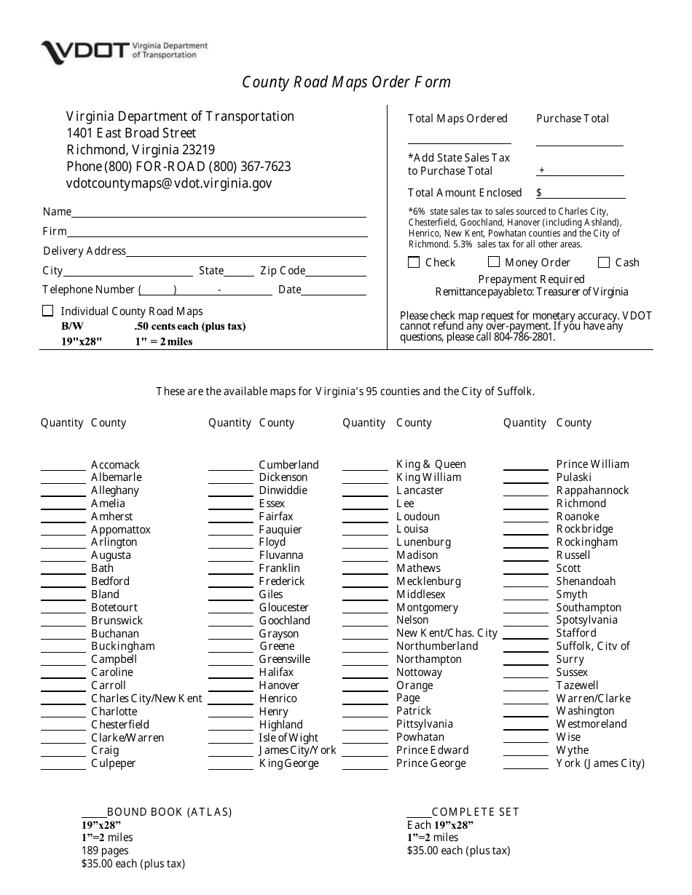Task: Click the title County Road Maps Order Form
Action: (346, 82)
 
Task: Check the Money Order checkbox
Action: (494, 262)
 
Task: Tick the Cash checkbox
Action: (604, 262)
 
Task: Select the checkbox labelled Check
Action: (414, 262)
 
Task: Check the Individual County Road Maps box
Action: (48, 311)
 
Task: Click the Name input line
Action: (219, 212)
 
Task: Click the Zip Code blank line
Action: (336, 271)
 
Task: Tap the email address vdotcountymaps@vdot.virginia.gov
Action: (169, 183)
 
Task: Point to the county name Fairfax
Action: (276, 517)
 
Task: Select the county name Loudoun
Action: (417, 517)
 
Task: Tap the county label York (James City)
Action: (600, 763)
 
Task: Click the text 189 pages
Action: (105, 851)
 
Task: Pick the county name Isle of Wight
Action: (288, 738)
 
